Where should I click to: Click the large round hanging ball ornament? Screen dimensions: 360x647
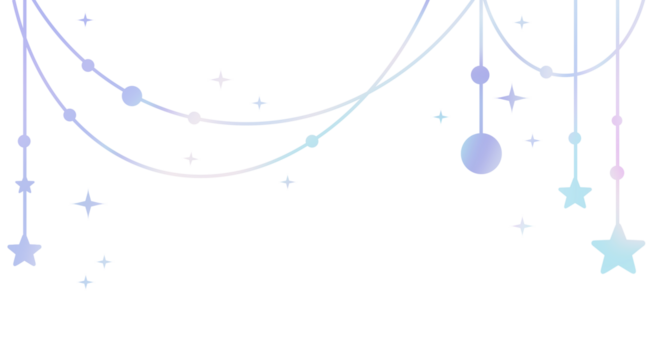click(481, 153)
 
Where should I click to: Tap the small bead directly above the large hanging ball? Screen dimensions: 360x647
click(480, 75)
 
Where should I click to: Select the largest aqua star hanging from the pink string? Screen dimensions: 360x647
click(617, 249)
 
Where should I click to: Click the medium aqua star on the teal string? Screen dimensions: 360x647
click(575, 192)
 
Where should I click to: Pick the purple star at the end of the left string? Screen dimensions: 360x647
click(24, 250)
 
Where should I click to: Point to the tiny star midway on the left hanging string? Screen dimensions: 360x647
click(25, 185)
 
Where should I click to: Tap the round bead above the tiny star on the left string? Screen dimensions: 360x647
click(24, 141)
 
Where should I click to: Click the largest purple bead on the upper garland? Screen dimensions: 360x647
click(132, 96)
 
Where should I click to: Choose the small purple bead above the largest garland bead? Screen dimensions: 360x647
click(88, 66)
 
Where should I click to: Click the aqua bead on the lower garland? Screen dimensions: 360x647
click(312, 141)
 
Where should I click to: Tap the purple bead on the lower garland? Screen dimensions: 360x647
click(70, 115)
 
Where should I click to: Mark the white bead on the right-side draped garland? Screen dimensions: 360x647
click(546, 72)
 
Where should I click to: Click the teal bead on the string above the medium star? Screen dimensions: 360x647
click(575, 138)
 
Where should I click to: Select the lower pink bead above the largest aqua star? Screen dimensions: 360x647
click(617, 173)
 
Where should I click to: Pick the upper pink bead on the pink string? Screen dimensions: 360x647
click(617, 121)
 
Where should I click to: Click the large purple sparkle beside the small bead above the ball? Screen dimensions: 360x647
click(512, 98)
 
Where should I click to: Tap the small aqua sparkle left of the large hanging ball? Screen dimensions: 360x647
click(440, 117)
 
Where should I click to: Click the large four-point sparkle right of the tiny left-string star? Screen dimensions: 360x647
click(88, 204)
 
